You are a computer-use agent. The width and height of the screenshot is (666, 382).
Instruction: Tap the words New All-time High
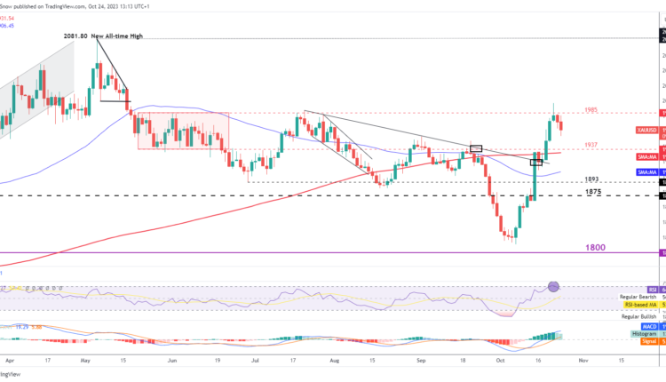[117, 36]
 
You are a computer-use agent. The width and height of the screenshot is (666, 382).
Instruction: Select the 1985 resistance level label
[591, 110]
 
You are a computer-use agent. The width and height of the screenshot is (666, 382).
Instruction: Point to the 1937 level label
[591, 145]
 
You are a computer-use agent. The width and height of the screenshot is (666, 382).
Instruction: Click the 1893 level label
[591, 179]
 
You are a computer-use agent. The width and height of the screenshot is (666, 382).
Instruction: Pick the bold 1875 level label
[594, 191]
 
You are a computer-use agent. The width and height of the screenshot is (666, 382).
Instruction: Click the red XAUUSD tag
[647, 130]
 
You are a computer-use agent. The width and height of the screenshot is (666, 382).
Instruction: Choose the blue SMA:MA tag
[647, 171]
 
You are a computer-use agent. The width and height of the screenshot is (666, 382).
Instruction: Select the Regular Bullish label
[640, 317]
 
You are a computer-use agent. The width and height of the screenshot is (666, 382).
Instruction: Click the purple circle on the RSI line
[555, 286]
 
